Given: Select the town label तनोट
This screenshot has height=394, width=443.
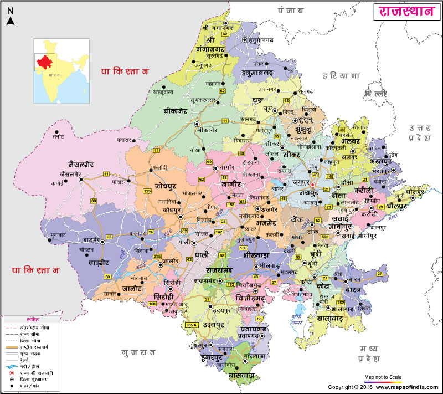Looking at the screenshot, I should pyautogui.click(x=58, y=136).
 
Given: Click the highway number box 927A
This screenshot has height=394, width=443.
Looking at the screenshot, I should pyautogui.click(x=192, y=325).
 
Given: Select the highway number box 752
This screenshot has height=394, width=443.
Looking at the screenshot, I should pyautogui.click(x=340, y=302).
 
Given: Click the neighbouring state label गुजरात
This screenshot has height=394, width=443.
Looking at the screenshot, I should pyautogui.click(x=138, y=352).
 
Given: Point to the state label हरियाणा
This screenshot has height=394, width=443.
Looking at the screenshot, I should pyautogui.click(x=342, y=75).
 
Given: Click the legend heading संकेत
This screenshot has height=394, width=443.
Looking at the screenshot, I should pyautogui.click(x=33, y=320).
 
